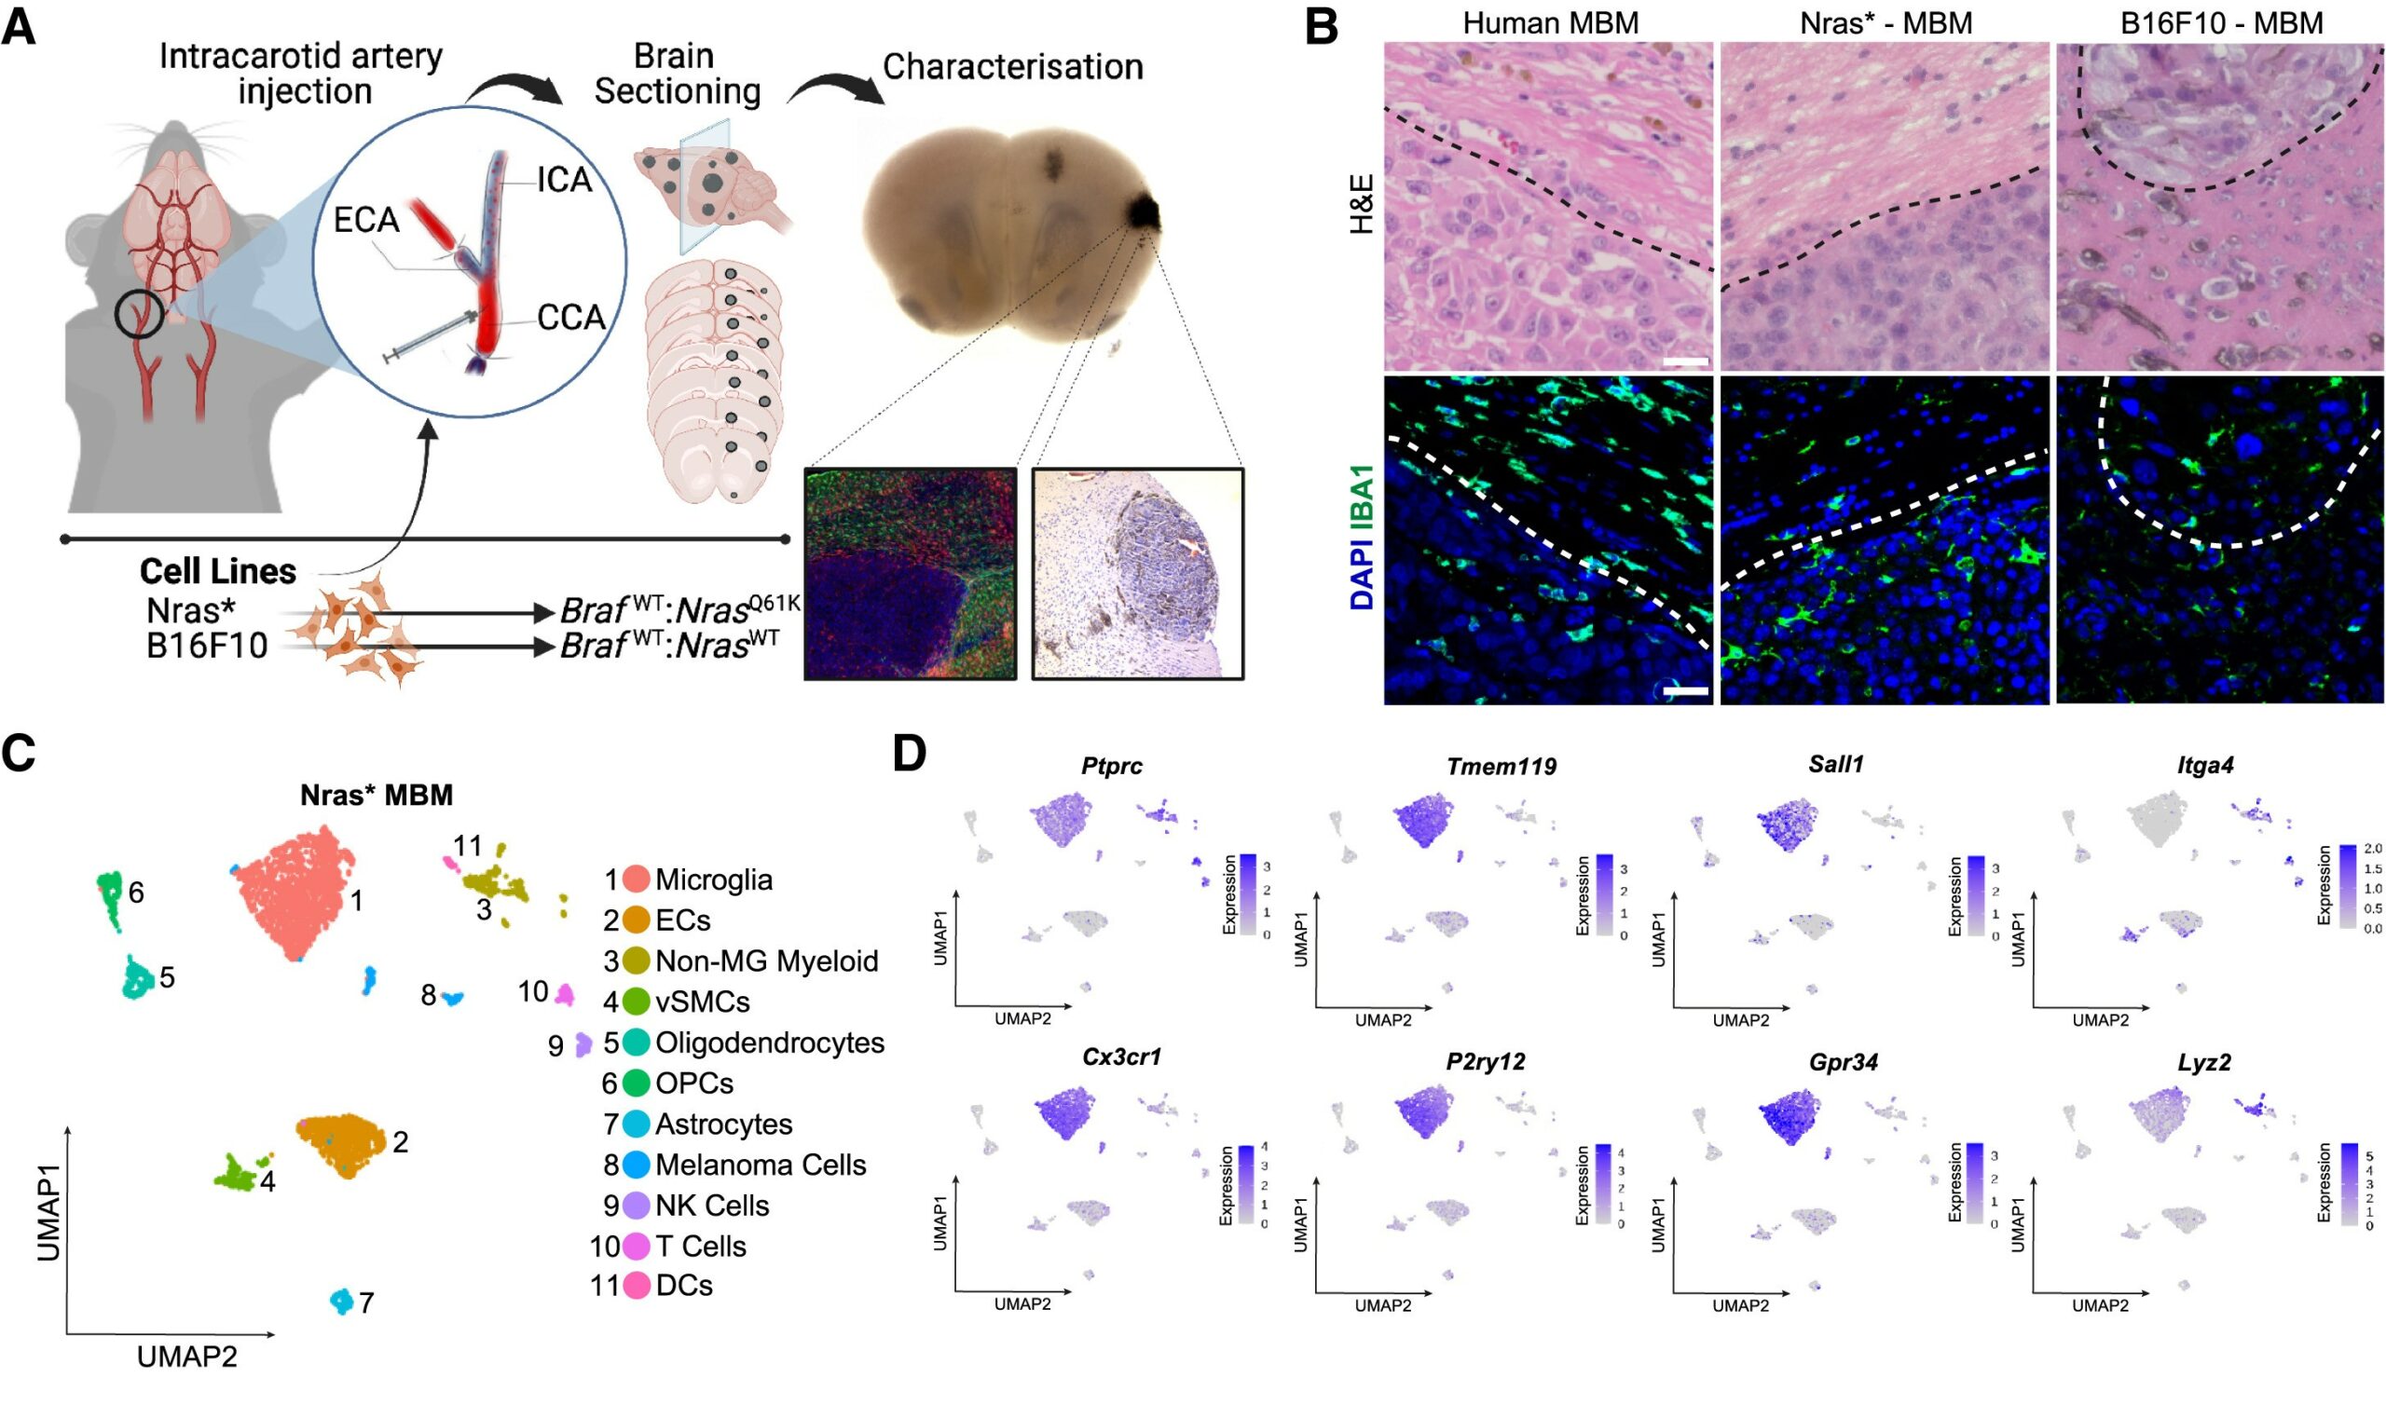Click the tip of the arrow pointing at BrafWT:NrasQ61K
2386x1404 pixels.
pyautogui.click(x=554, y=613)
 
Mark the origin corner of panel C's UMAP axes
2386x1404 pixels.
pyautogui.click(x=67, y=1335)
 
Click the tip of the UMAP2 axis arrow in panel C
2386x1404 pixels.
pyautogui.click(x=276, y=1335)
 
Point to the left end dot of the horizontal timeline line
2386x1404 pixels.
pyautogui.click(x=64, y=538)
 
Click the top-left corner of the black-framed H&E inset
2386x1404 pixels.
pyautogui.click(x=1032, y=468)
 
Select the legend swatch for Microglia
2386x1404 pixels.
pyautogui.click(x=637, y=879)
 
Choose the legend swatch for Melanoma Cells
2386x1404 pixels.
pyautogui.click(x=637, y=1165)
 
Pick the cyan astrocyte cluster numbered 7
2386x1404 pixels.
pyautogui.click(x=341, y=1301)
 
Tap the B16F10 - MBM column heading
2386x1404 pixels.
pyautogui.click(x=2221, y=22)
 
